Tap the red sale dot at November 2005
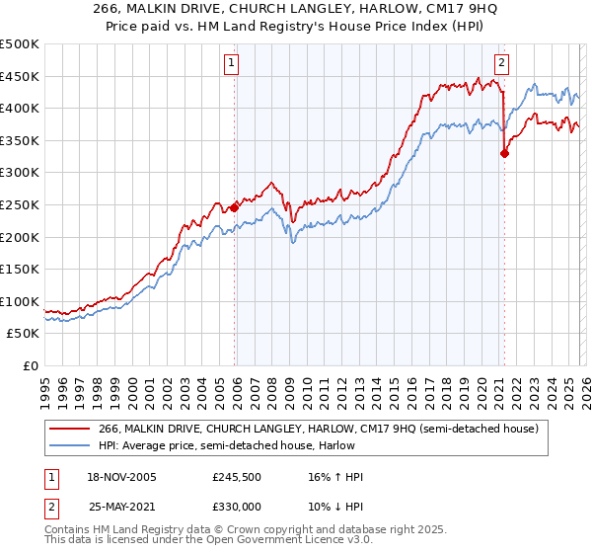pyautogui.click(x=235, y=207)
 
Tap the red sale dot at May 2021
pyautogui.click(x=504, y=153)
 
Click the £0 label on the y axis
pyautogui.click(x=31, y=365)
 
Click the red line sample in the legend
pyautogui.click(x=69, y=429)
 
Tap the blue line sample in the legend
pyautogui.click(x=69, y=445)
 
